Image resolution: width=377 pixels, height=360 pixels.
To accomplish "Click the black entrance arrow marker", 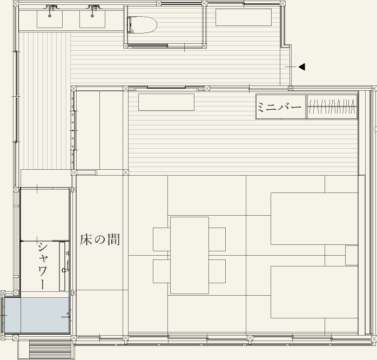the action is pos(302,67).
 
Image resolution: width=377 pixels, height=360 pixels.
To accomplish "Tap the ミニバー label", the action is pos(279,106).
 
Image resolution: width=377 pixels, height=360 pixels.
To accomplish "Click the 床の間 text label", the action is pos(100,239).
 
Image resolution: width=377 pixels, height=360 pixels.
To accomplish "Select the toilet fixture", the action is pos(142,25).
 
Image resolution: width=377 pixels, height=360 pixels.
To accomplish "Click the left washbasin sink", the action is pos(50,17).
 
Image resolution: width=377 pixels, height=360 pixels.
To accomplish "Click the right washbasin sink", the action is pos(92,17).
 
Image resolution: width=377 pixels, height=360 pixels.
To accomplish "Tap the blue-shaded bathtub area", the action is pos(37,315).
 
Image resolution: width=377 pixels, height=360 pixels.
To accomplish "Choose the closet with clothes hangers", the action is pos(332,106).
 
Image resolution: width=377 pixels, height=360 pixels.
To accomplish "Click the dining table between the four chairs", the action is pos(190,255).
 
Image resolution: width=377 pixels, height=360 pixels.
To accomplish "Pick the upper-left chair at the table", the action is pos(161,239).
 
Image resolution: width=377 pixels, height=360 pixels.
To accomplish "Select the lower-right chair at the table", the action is pos(217,271).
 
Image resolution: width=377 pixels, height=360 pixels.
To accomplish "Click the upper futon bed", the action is pos(314,218).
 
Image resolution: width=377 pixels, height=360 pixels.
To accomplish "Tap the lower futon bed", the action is pos(314,292).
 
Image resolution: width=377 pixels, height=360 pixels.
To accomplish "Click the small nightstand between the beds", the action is pos(352,255).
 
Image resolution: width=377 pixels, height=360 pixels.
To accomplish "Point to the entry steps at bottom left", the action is pos(50,349).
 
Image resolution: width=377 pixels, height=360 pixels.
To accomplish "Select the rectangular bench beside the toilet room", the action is pos(244,17).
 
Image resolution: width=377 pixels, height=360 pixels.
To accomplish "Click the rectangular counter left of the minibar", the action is pos(166,102).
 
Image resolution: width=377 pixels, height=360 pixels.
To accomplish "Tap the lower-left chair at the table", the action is pos(161,271).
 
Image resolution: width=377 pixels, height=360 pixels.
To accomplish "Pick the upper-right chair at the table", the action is pos(217,239).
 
